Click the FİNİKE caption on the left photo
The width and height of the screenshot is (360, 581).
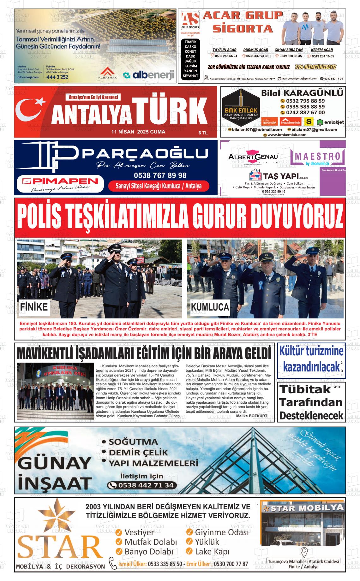(34, 307)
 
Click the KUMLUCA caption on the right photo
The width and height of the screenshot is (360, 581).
(210, 307)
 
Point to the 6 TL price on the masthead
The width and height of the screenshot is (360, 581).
(203, 133)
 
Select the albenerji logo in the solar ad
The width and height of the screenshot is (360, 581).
(149, 75)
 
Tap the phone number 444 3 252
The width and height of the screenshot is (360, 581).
(57, 77)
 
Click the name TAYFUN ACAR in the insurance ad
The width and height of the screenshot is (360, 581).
(224, 50)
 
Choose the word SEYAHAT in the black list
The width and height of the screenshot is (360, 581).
(190, 76)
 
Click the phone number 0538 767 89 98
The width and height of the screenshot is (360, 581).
(160, 175)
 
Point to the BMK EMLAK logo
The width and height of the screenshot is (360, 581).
(241, 111)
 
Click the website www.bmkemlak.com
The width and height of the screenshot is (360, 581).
(287, 135)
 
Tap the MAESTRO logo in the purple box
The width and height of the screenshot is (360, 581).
(319, 157)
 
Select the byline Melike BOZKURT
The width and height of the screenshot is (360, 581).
(251, 416)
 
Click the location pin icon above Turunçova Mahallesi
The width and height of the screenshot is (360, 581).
(304, 552)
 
